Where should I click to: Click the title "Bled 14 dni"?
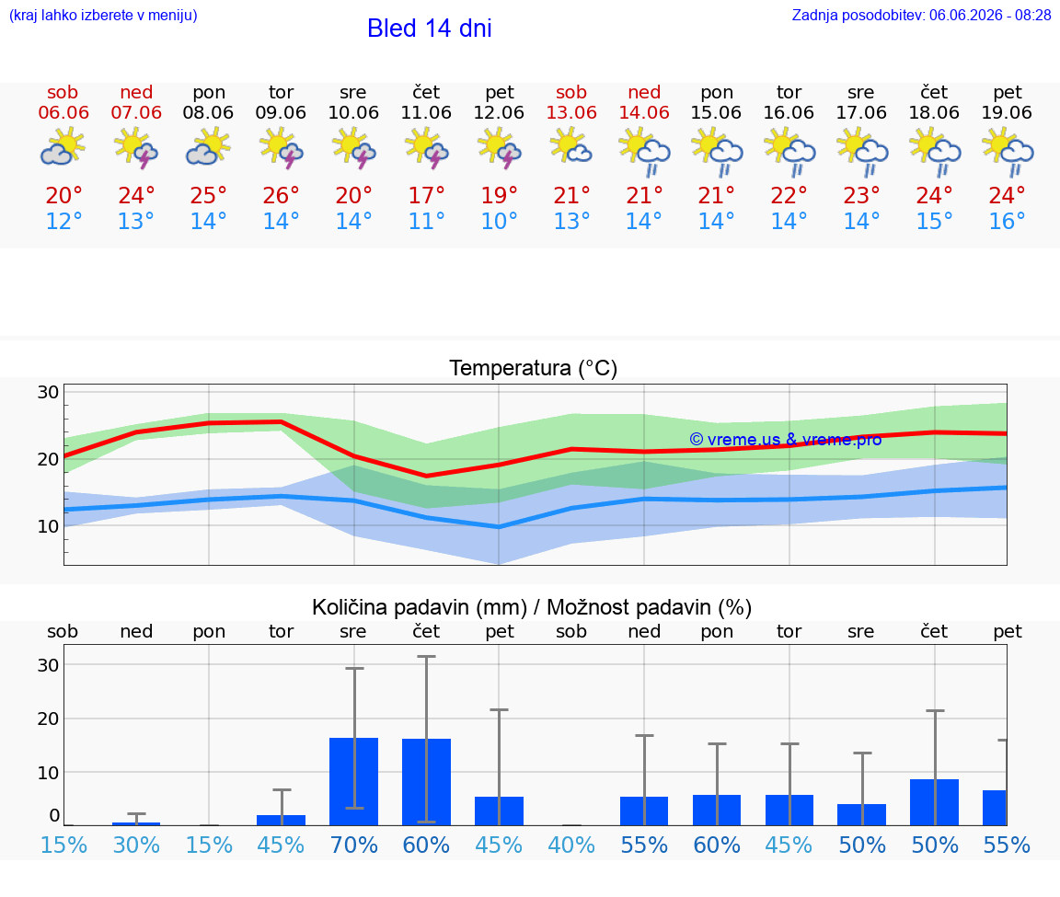pyautogui.click(x=430, y=29)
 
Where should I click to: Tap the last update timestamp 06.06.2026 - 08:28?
pyautogui.click(x=990, y=15)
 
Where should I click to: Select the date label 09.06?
pyautogui.click(x=281, y=113)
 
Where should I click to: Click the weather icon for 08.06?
pyautogui.click(x=208, y=148)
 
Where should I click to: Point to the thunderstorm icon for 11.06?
pyautogui.click(x=426, y=149)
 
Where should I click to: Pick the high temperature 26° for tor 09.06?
pyautogui.click(x=281, y=196)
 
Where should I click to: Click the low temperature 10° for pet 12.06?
pyautogui.click(x=499, y=221)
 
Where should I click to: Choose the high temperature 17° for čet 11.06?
pyautogui.click(x=426, y=196)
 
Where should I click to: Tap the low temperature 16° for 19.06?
pyautogui.click(x=1007, y=221)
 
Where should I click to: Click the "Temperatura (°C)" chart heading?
pyautogui.click(x=534, y=368)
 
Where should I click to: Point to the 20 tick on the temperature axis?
pyautogui.click(x=48, y=460)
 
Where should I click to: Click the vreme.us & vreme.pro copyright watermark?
pyautogui.click(x=786, y=440)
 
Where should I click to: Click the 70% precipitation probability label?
pyautogui.click(x=353, y=845)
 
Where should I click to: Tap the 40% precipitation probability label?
pyautogui.click(x=571, y=845)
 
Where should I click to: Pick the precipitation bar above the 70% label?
pyautogui.click(x=353, y=781)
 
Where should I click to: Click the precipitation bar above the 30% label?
pyautogui.click(x=136, y=824)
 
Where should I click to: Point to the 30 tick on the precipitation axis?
pyautogui.click(x=48, y=665)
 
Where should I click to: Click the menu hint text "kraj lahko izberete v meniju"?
pyautogui.click(x=103, y=15)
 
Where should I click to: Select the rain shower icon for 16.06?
pyautogui.click(x=789, y=153)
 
